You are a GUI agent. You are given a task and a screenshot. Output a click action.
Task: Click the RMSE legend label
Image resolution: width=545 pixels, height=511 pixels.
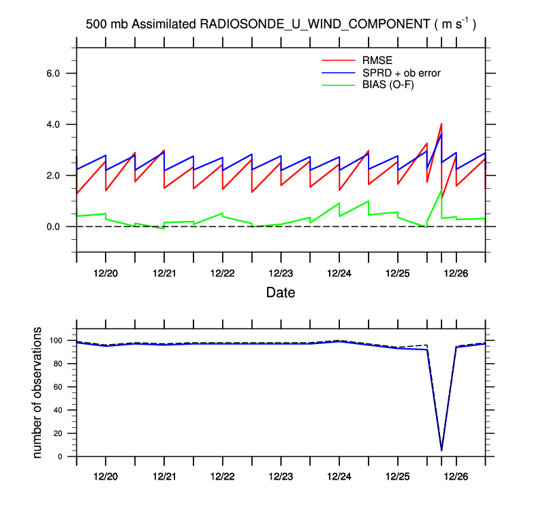pyautogui.click(x=376, y=60)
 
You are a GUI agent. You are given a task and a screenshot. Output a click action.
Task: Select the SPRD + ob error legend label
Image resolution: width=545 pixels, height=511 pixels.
pyautogui.click(x=402, y=72)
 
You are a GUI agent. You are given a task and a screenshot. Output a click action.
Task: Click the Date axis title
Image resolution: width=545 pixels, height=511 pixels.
pyautogui.click(x=281, y=292)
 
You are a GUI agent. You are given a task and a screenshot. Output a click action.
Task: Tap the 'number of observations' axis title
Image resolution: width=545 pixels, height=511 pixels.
pyautogui.click(x=38, y=393)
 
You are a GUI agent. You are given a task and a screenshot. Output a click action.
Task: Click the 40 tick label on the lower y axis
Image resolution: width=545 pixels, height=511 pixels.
pyautogui.click(x=59, y=410)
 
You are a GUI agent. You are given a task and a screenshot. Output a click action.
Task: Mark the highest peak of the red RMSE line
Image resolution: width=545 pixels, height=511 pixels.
pyautogui.click(x=441, y=124)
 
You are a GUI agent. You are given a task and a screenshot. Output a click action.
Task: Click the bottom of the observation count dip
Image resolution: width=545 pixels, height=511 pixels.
pyautogui.click(x=441, y=450)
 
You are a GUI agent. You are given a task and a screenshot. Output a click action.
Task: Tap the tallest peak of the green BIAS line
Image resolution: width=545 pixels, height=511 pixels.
pyautogui.click(x=441, y=191)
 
